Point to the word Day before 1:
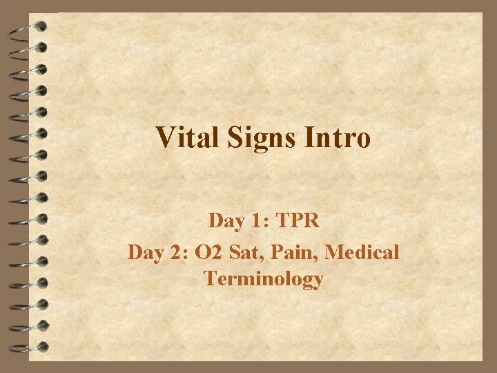[x=225, y=222]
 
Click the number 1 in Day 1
[x=255, y=222]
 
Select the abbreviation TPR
[x=297, y=222]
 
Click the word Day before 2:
[x=144, y=252]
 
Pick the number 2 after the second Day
[x=175, y=252]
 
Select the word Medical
[x=362, y=252]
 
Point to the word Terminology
[x=263, y=280]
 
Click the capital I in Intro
[x=310, y=137]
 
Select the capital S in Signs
[x=231, y=137]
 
